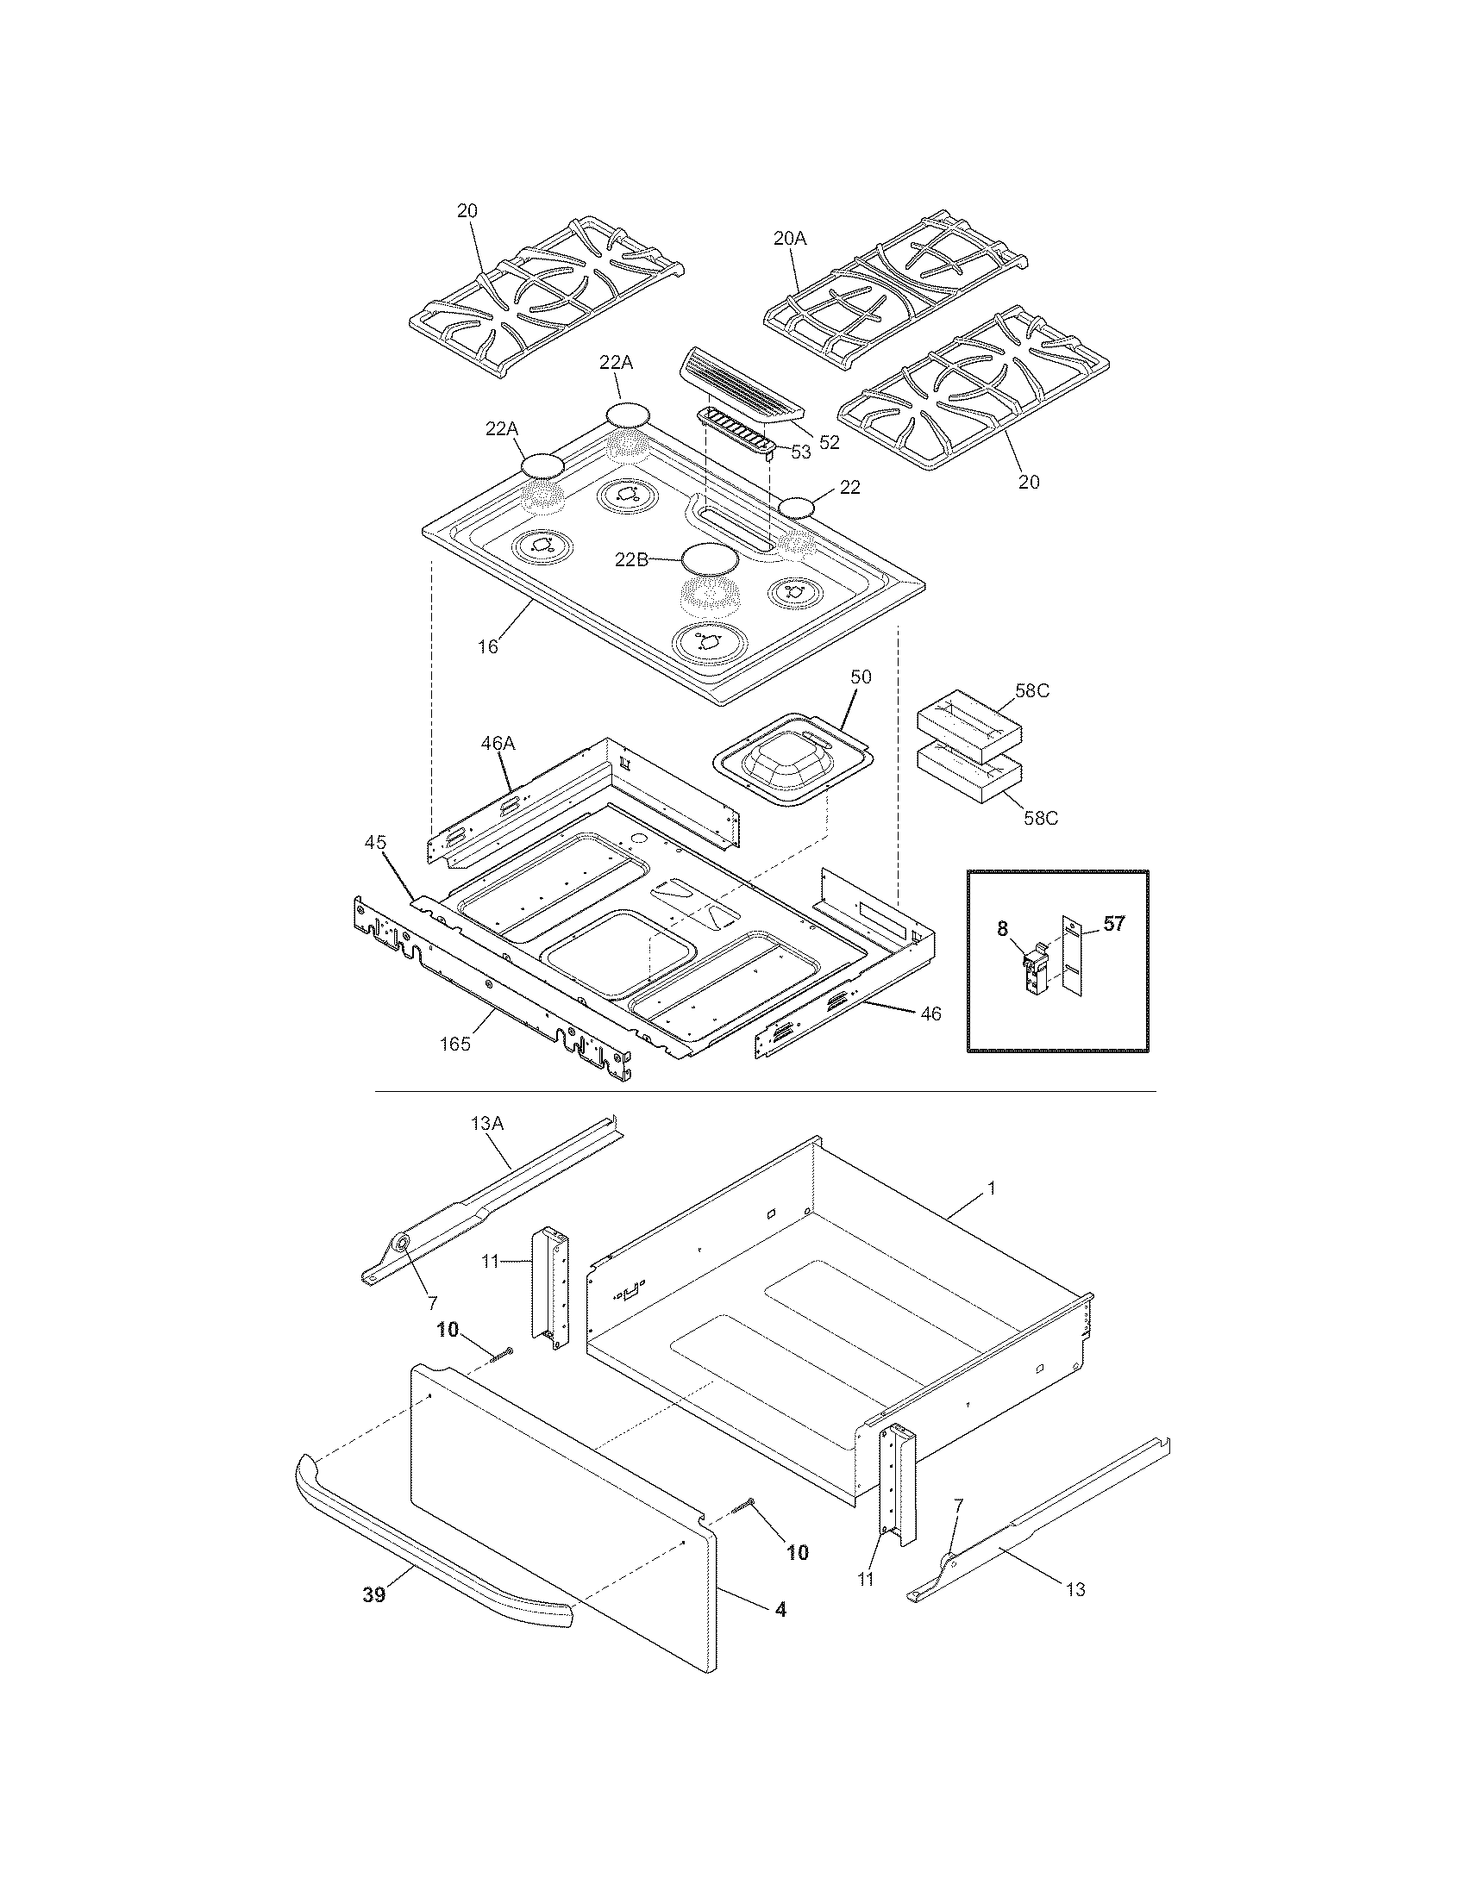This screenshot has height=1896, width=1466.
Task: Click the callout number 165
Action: coord(454,1045)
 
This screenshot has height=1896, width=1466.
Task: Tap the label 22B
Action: coord(631,560)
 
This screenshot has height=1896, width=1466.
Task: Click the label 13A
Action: coord(487,1123)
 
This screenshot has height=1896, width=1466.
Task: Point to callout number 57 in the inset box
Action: coord(1113,924)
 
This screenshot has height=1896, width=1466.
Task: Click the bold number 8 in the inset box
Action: coord(1002,929)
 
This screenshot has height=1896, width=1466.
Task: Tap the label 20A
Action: coord(789,237)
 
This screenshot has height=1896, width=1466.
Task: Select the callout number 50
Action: coord(861,676)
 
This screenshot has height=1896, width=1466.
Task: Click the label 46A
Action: coord(498,743)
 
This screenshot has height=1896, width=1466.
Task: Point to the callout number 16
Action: coord(488,646)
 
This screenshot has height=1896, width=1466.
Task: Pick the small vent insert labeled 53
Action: coord(735,431)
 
